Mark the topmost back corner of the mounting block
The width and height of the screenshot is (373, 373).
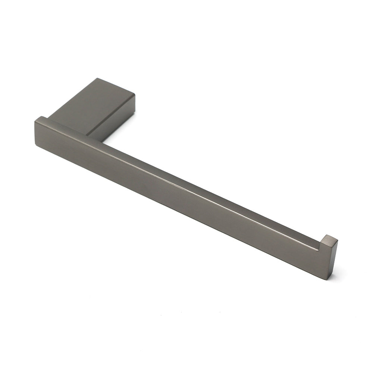[97, 78]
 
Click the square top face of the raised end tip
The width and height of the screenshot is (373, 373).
[329, 239]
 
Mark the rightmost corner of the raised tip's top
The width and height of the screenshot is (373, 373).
[338, 240]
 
